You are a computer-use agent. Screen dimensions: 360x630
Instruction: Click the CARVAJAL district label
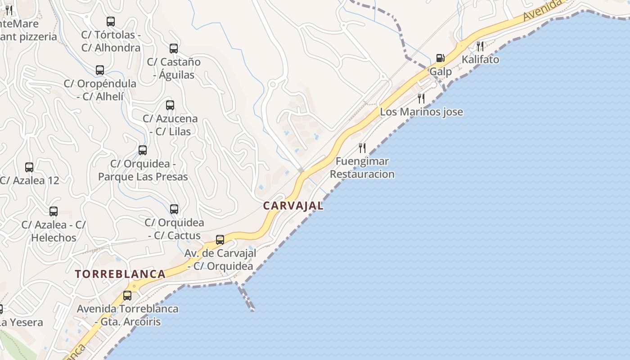(x=293, y=206)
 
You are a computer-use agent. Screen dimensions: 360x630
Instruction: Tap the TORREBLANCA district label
(x=120, y=274)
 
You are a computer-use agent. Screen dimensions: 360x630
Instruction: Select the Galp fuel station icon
(x=440, y=58)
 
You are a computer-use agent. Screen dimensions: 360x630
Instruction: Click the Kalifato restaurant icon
(x=480, y=46)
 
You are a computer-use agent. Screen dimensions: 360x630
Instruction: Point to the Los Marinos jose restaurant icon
(x=421, y=98)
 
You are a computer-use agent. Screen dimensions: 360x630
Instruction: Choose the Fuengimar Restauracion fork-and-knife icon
(x=362, y=148)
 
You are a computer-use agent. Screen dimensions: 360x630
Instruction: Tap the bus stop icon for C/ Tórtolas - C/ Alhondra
(x=111, y=21)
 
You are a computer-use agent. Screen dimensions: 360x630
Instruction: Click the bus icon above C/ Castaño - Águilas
(x=174, y=48)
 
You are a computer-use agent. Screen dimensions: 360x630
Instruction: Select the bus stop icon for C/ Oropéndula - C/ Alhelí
(x=100, y=70)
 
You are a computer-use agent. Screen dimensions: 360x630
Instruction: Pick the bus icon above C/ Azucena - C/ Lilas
(x=170, y=105)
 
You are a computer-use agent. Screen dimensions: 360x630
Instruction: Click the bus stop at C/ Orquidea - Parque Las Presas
(x=143, y=150)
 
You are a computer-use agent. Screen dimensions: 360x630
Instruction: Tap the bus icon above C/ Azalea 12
(x=29, y=167)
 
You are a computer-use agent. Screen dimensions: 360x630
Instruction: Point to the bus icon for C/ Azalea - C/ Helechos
(x=54, y=211)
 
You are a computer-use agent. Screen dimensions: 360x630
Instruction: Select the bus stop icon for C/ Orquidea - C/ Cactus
(x=174, y=209)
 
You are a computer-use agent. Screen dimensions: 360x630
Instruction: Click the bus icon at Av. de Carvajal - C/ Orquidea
(x=220, y=240)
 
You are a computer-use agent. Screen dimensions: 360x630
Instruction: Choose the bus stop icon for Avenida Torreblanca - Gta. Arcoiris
(x=127, y=296)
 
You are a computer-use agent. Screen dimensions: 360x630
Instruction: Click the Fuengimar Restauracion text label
(x=362, y=167)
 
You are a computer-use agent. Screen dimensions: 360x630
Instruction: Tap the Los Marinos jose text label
(x=421, y=112)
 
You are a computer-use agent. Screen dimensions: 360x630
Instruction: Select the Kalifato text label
(x=480, y=59)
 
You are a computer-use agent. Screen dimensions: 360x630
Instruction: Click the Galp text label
(x=441, y=72)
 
